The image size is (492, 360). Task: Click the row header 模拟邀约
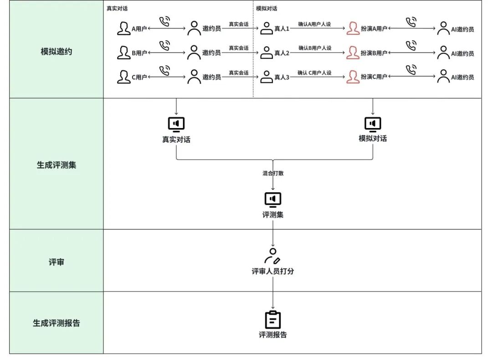pyautogui.click(x=56, y=51)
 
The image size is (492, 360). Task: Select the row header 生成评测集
pyautogui.click(x=56, y=165)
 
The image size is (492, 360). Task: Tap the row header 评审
pyautogui.click(x=56, y=262)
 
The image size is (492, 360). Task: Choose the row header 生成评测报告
pyautogui.click(x=56, y=323)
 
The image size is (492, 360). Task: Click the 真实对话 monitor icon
pyautogui.click(x=176, y=124)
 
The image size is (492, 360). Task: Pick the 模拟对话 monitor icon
pyautogui.click(x=373, y=124)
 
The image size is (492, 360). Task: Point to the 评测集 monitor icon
pyautogui.click(x=273, y=200)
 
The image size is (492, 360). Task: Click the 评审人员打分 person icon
pyautogui.click(x=272, y=256)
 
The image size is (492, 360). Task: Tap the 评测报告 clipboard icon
pyautogui.click(x=273, y=320)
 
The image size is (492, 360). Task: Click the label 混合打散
pyautogui.click(x=273, y=174)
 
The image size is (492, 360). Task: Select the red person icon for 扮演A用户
pyautogui.click(x=353, y=28)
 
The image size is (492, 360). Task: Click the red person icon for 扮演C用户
pyautogui.click(x=353, y=77)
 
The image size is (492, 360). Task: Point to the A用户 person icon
pyautogui.click(x=123, y=28)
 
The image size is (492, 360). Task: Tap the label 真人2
pyautogui.click(x=282, y=53)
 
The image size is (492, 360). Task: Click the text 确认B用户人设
pyautogui.click(x=315, y=48)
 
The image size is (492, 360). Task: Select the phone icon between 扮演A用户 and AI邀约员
pyautogui.click(x=411, y=22)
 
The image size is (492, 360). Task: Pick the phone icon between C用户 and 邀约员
pyautogui.click(x=164, y=70)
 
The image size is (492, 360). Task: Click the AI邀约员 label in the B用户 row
pyautogui.click(x=462, y=53)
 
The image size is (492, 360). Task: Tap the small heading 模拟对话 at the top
pyautogui.click(x=266, y=9)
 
